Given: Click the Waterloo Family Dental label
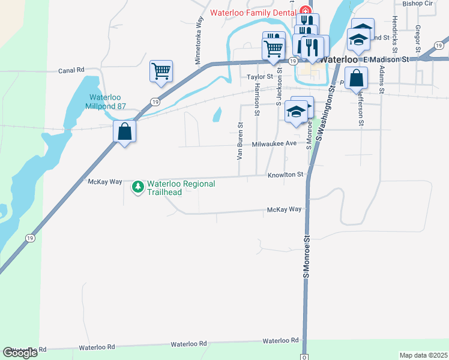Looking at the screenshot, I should coord(252,13).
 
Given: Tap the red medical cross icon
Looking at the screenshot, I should coord(305,11).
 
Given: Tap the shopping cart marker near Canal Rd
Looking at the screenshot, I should coord(161,71).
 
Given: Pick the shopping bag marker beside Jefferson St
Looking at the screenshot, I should coord(357,78).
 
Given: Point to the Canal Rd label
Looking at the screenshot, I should coord(71,70).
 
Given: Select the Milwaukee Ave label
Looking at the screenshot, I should coord(274,144).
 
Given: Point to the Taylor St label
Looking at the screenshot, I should coord(260,77).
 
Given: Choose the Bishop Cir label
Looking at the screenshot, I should coord(418,3).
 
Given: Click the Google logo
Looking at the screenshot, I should coord(20,353).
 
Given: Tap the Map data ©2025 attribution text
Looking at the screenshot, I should coord(423,355).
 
